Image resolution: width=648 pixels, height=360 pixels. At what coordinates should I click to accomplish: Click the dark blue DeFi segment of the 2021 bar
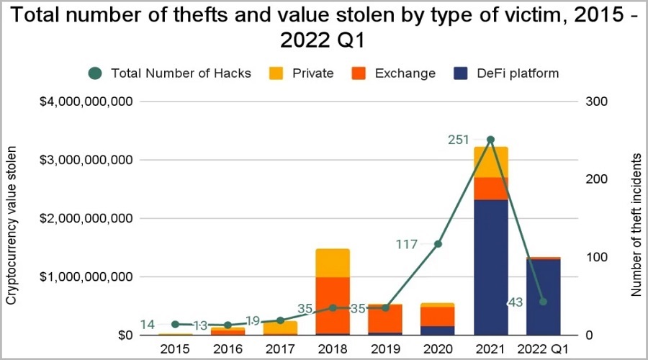[490, 266]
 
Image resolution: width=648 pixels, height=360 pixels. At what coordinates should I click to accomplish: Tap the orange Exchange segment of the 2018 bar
[332, 305]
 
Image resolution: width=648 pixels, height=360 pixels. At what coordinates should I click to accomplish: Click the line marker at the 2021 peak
[490, 140]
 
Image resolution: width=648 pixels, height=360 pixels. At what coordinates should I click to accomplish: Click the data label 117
[408, 245]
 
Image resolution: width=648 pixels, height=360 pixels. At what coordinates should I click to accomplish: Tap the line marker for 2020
[438, 244]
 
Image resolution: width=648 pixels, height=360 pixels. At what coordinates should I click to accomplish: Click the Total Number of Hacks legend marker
[96, 73]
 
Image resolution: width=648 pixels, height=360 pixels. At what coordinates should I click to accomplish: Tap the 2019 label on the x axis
[384, 348]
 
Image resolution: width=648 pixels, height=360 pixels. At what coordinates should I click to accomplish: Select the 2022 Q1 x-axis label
[543, 348]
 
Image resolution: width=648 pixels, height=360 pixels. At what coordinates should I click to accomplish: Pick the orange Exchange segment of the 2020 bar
[438, 317]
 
